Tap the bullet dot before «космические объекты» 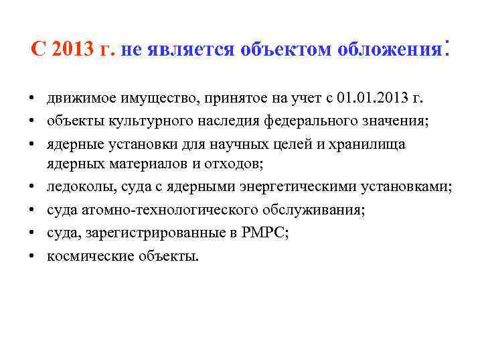[x=32, y=257]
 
